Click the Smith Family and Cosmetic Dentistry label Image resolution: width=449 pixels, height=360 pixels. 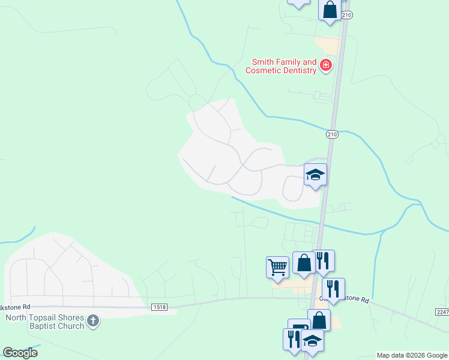coord(280,66)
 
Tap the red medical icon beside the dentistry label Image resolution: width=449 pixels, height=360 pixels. coord(326,65)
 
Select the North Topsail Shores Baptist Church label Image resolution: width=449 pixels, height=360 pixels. coord(45,322)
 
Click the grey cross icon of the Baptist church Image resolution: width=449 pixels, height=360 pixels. coord(92,321)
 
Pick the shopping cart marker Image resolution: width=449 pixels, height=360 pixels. coord(277,266)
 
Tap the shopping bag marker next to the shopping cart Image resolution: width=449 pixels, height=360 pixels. coord(304,263)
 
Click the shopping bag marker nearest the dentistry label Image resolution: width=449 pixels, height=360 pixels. coord(330,10)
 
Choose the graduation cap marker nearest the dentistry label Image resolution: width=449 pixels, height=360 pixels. coord(315,175)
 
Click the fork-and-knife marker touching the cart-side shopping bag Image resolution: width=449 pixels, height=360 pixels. coord(323,260)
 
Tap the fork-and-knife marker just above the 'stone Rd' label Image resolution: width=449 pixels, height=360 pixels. coord(333,289)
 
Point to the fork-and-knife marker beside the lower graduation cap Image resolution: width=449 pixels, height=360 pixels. coord(294,339)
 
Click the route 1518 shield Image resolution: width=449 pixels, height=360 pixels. coord(160,307)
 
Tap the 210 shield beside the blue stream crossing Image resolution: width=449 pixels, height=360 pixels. coord(332,134)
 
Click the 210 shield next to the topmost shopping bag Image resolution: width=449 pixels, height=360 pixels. coord(346,14)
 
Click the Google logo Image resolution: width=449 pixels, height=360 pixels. coord(20,353)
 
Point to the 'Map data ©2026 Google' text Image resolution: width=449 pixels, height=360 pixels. coord(412,355)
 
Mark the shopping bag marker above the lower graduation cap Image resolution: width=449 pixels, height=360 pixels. coord(319,320)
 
